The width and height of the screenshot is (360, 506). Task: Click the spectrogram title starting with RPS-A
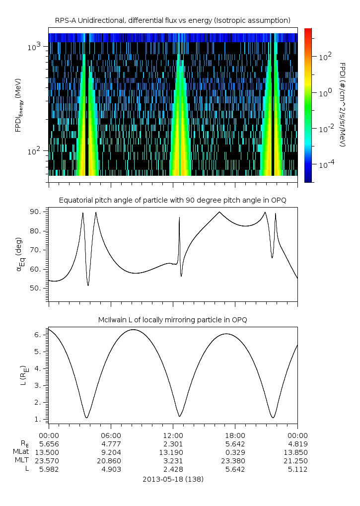(172, 20)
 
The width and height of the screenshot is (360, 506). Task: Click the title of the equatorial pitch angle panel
(172, 200)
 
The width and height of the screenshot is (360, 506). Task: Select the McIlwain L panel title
(172, 320)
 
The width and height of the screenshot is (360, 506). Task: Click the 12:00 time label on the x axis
(173, 434)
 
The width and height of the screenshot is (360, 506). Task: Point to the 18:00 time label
(235, 434)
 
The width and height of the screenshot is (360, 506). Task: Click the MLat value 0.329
(235, 452)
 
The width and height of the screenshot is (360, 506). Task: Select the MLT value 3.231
(173, 461)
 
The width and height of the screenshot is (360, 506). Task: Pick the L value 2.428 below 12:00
(173, 469)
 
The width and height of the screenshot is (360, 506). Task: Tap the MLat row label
(21, 452)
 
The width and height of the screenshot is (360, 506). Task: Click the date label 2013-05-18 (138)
(172, 480)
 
